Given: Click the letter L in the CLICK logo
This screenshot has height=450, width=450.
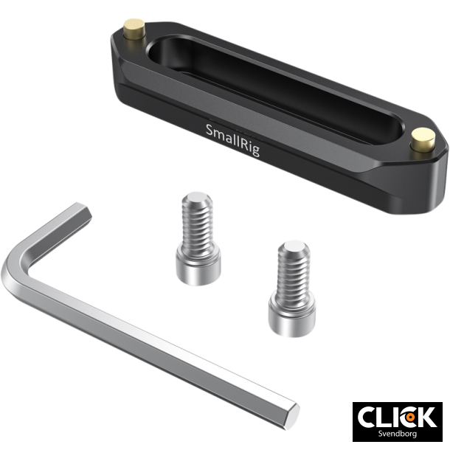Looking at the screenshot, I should coord(389,416).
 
